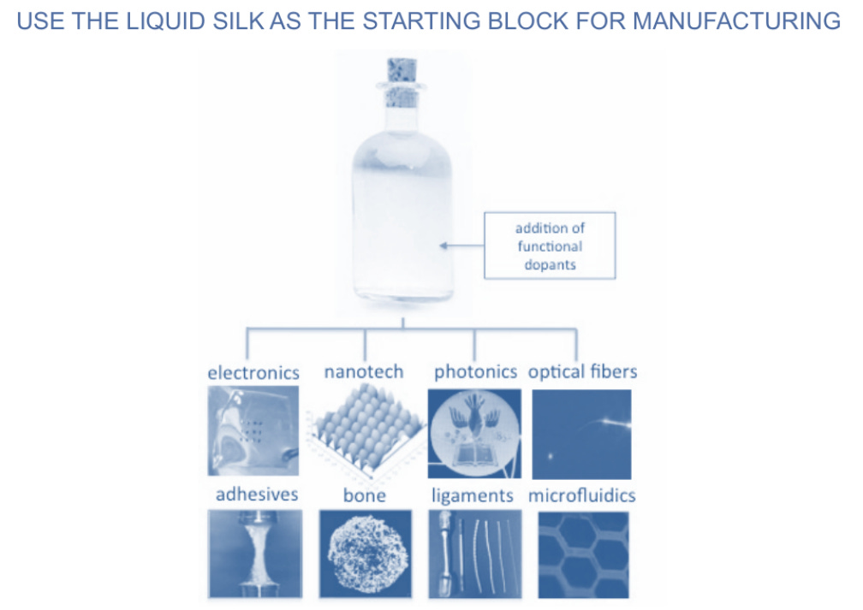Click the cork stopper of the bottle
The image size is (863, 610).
tap(401, 81)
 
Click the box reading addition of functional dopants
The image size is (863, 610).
tap(550, 246)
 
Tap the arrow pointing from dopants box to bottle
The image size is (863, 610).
tap(462, 246)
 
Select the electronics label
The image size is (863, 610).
tap(253, 373)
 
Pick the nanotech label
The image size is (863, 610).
tap(364, 372)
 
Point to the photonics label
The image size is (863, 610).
tap(475, 372)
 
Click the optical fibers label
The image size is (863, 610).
tap(582, 372)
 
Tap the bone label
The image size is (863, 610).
tap(365, 495)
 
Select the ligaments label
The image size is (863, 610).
tap(473, 495)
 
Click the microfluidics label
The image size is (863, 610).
tap(582, 495)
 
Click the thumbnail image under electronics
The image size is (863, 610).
tap(253, 430)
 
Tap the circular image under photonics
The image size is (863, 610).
tap(474, 433)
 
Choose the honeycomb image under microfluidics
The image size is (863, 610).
tap(583, 554)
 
